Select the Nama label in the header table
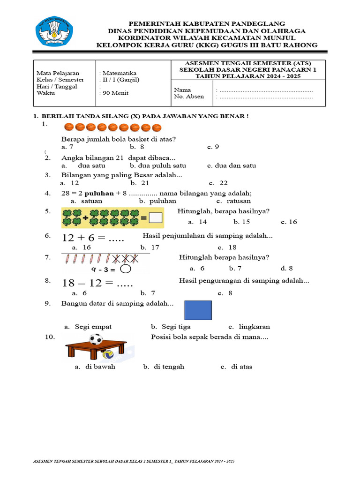(183, 90)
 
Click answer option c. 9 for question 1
(213, 147)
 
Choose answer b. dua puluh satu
(158, 165)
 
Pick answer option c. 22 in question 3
(218, 183)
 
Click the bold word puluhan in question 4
(97, 193)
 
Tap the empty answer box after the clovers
(156, 218)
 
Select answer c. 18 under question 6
(227, 247)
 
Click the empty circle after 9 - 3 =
(126, 269)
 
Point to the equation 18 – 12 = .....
(97, 284)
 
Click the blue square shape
(198, 310)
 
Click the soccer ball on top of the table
(96, 338)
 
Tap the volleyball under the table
(108, 354)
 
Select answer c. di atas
(236, 367)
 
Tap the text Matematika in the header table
(119, 73)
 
